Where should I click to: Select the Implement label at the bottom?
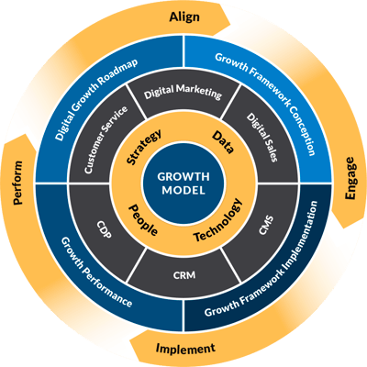(x=185, y=348)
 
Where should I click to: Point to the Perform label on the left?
(x=18, y=172)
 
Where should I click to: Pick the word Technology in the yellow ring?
(x=220, y=220)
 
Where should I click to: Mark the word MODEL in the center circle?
(x=184, y=193)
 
